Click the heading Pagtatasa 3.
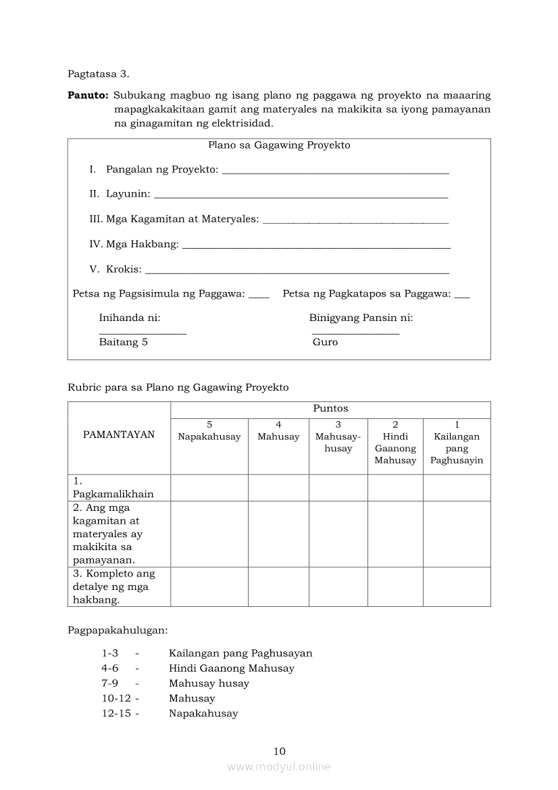pyautogui.click(x=98, y=74)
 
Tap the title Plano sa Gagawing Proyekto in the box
pyautogui.click(x=279, y=145)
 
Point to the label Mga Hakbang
pyautogui.click(x=143, y=244)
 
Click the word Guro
pyautogui.click(x=325, y=342)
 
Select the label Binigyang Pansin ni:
pyautogui.click(x=361, y=318)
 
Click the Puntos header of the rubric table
pyautogui.click(x=330, y=409)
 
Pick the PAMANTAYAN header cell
pyautogui.click(x=119, y=435)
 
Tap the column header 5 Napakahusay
pyautogui.click(x=209, y=431)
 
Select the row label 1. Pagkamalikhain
pyautogui.click(x=113, y=487)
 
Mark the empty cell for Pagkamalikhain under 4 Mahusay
pyautogui.click(x=278, y=487)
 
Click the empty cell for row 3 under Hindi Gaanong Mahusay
pyautogui.click(x=395, y=587)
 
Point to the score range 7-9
pyautogui.click(x=110, y=683)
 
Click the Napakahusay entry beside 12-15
pyautogui.click(x=203, y=714)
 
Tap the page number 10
pyautogui.click(x=280, y=751)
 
